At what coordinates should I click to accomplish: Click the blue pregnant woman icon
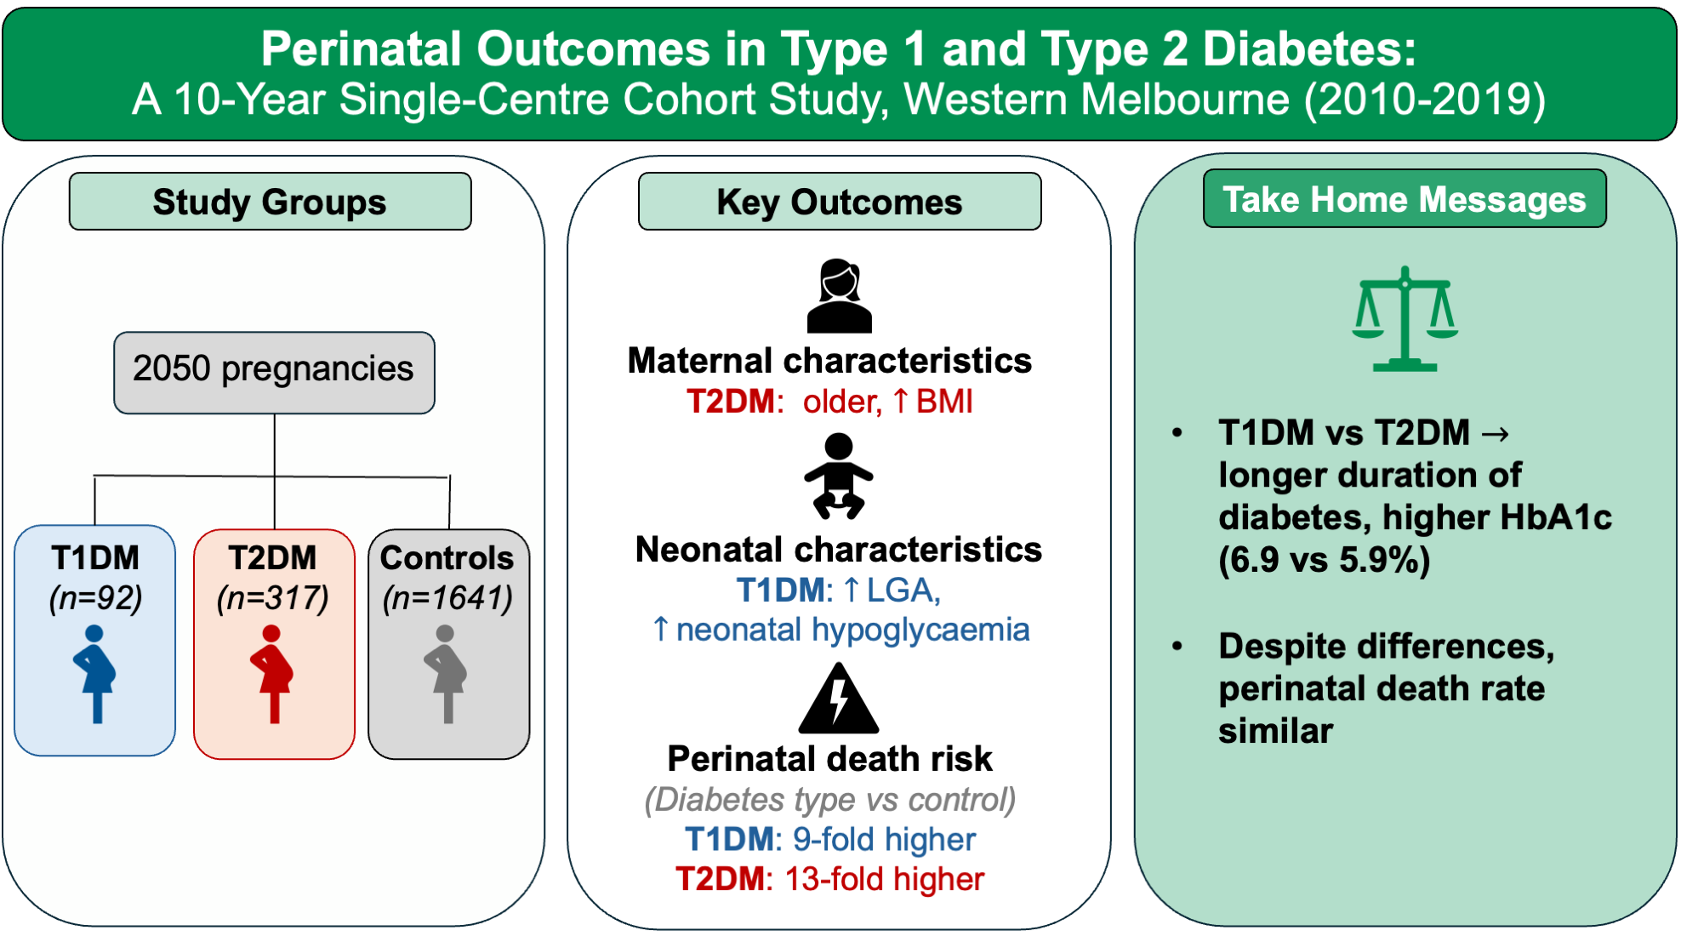tap(94, 674)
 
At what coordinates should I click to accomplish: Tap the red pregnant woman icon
tap(272, 674)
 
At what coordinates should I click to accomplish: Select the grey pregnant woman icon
tap(446, 674)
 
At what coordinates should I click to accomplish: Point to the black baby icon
tap(838, 477)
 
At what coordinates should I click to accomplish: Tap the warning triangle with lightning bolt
tap(838, 699)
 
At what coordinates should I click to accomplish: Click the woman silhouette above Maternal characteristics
tap(839, 296)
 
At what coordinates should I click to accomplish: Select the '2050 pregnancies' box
tap(274, 371)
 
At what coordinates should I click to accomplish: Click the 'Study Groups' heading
tap(270, 203)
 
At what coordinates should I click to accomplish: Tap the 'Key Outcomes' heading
tap(839, 203)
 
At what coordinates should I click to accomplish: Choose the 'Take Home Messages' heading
tap(1404, 200)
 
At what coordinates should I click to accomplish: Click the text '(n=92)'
tap(95, 598)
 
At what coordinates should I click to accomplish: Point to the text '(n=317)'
tap(273, 598)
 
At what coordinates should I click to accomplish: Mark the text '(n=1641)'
tap(447, 598)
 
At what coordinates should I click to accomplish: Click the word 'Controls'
tap(447, 558)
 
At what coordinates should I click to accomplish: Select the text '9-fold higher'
tap(884, 840)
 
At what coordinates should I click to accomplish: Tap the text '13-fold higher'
tap(884, 879)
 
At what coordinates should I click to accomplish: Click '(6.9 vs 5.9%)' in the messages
tap(1324, 560)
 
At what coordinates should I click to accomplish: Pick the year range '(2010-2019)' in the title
tap(1425, 100)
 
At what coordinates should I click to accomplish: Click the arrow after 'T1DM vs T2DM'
tap(1495, 434)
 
